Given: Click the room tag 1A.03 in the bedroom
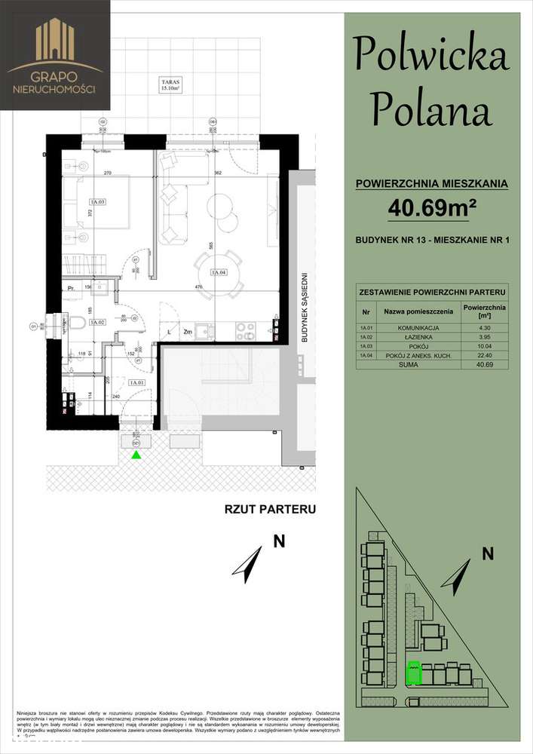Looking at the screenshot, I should point(96,202).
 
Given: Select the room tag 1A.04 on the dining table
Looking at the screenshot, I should point(219,273).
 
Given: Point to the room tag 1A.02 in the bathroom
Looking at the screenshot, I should point(96,322).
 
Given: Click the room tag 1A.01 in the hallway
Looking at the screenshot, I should point(137,383).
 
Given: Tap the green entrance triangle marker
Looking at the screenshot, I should point(136,455).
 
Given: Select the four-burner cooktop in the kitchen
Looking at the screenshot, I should point(224,329).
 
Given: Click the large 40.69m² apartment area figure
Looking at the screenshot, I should point(433,207).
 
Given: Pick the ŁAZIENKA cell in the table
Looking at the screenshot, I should point(417,338).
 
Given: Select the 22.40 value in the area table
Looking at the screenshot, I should point(484,355).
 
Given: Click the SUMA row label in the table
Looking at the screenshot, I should point(417,364).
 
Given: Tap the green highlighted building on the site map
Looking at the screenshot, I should point(412,673).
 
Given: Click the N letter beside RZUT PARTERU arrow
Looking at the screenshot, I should point(279,540).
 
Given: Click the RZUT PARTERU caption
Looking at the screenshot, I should point(269,509).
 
